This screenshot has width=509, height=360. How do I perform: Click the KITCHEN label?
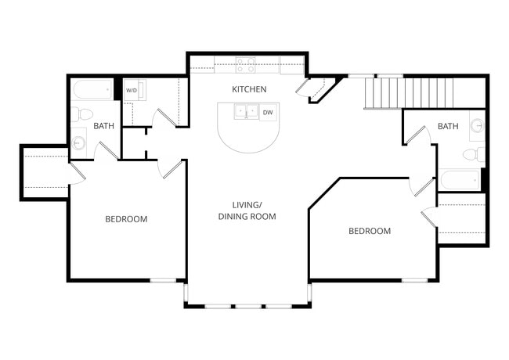click(249, 89)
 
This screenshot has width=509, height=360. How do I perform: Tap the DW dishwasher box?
click(268, 113)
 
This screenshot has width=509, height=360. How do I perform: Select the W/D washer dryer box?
click(131, 91)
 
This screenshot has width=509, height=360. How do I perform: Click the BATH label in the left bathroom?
click(104, 126)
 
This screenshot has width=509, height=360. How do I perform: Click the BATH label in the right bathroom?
click(448, 126)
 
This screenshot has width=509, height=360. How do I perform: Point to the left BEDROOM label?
click(126, 219)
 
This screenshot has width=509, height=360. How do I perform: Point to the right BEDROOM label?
click(369, 231)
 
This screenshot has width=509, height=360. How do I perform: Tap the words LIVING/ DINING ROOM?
click(247, 211)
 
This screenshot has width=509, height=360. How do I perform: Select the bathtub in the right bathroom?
click(460, 180)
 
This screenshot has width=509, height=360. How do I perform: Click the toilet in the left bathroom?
click(81, 114)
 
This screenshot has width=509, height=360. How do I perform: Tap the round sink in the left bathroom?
click(79, 143)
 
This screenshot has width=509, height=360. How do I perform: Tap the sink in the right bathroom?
click(476, 124)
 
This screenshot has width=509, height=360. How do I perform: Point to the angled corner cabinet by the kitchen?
click(319, 89)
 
